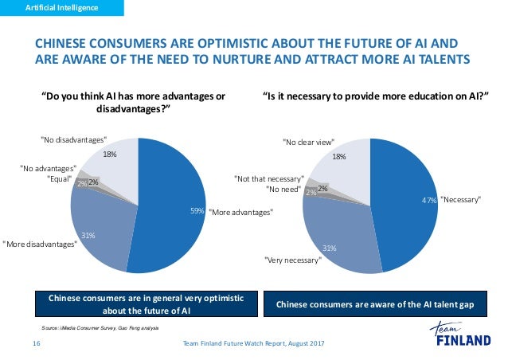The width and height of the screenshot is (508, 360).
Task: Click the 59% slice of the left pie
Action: [x=171, y=199]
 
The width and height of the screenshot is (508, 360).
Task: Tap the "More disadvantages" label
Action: [x=39, y=245]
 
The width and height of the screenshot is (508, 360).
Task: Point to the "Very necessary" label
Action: [x=291, y=260]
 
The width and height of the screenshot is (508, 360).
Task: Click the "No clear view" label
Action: [x=309, y=142]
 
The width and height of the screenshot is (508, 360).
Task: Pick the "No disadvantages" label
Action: [x=73, y=139]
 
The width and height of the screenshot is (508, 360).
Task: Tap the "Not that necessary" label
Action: [x=269, y=178]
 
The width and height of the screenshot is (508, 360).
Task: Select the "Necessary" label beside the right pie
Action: [x=460, y=200]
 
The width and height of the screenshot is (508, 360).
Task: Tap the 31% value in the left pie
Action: [x=89, y=235]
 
